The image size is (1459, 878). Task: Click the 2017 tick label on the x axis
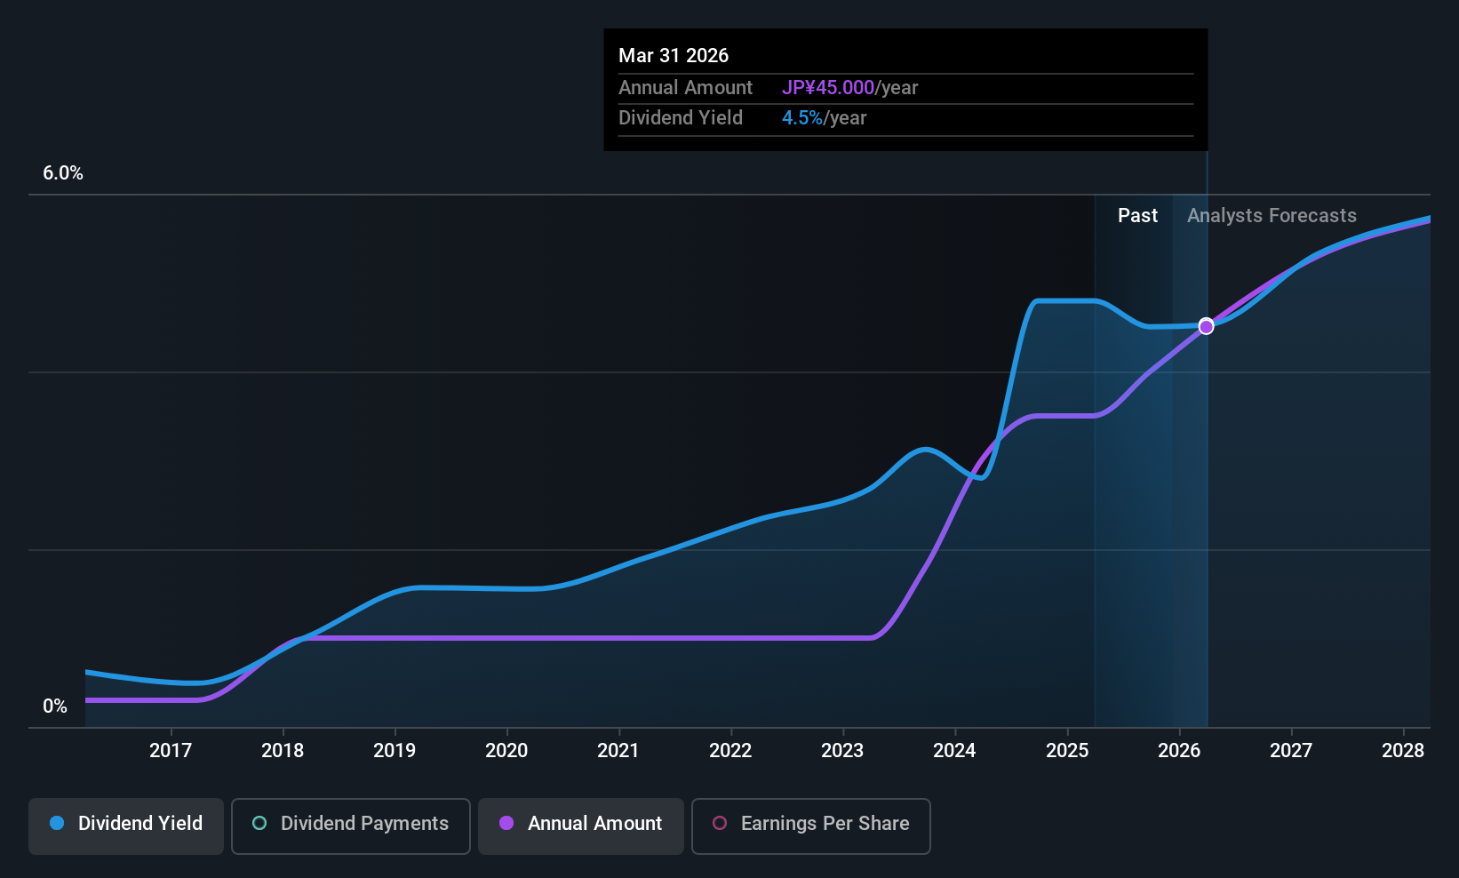tap(171, 751)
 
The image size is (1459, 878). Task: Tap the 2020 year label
tap(506, 751)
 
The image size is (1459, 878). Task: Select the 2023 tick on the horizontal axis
tap(842, 751)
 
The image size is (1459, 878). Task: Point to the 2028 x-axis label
tap(1403, 751)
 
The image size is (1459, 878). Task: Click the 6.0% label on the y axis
tap(63, 173)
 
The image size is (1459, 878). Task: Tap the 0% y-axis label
tap(55, 706)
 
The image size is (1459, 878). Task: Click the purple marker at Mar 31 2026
tap(1206, 326)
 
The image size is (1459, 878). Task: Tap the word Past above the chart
tap(1137, 216)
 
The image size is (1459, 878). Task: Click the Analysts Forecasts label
tap(1272, 216)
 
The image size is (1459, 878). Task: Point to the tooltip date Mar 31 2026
tap(674, 56)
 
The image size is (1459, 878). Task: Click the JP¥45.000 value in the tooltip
tap(828, 88)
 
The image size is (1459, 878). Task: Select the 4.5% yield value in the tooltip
tap(801, 118)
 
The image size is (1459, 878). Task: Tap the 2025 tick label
tap(1067, 751)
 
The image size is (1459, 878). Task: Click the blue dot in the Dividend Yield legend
tap(57, 824)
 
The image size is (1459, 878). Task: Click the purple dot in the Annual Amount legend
tap(506, 824)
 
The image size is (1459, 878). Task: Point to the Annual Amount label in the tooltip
tap(685, 88)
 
